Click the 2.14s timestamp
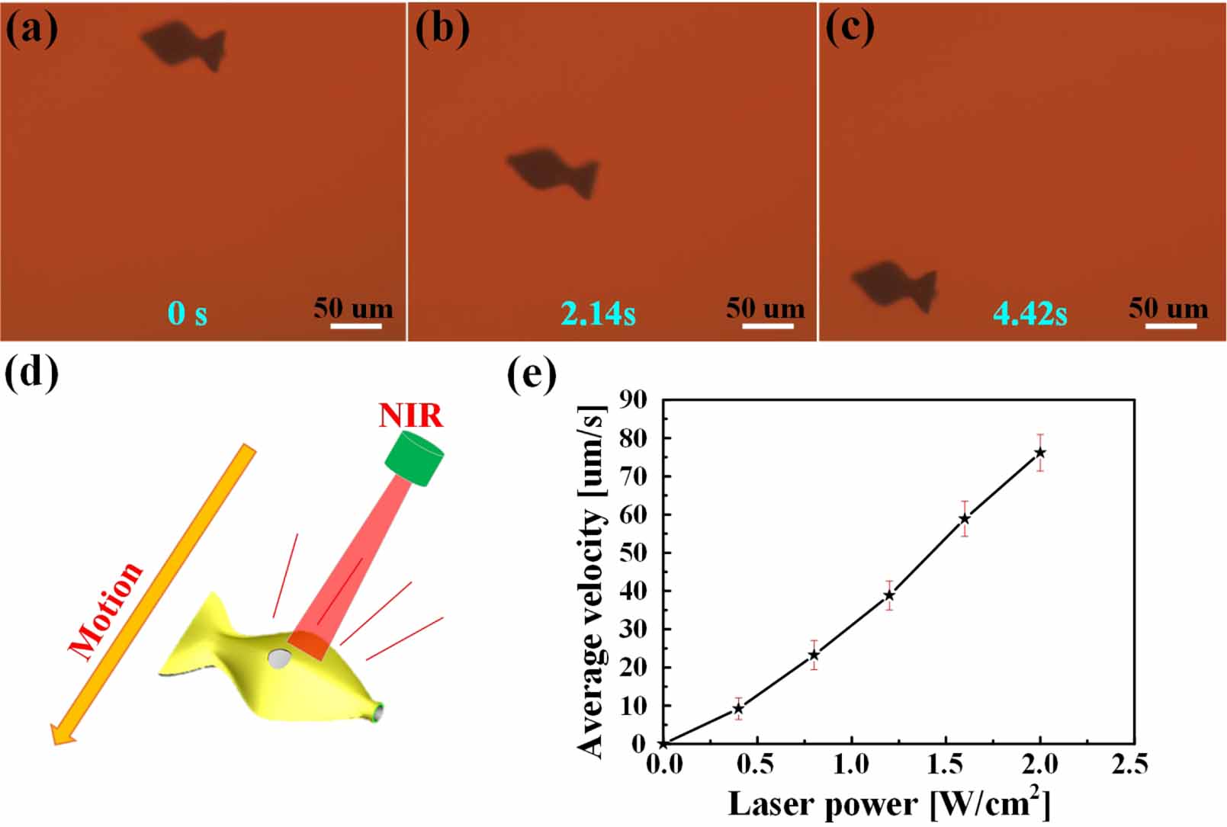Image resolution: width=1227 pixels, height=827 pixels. pyautogui.click(x=598, y=313)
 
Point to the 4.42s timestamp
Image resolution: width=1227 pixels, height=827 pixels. pyautogui.click(x=1029, y=313)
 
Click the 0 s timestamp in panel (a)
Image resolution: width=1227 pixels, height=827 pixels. pyautogui.click(x=188, y=313)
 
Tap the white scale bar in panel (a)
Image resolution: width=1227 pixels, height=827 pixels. pyautogui.click(x=355, y=326)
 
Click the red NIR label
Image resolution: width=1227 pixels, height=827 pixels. pyautogui.click(x=411, y=416)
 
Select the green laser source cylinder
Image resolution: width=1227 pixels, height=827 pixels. pyautogui.click(x=414, y=458)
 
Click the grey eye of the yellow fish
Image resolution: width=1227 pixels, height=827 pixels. pyautogui.click(x=279, y=659)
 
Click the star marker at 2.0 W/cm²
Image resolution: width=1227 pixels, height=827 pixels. pyautogui.click(x=1039, y=453)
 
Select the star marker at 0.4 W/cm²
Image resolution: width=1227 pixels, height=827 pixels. pyautogui.click(x=738, y=709)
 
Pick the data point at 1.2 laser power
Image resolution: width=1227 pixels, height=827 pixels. pyautogui.click(x=889, y=595)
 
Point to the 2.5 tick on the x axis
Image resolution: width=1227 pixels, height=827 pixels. pyautogui.click(x=1129, y=764)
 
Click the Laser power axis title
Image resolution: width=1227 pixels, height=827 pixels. pyautogui.click(x=888, y=804)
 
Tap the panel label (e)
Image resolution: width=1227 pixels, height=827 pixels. pyautogui.click(x=532, y=375)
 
